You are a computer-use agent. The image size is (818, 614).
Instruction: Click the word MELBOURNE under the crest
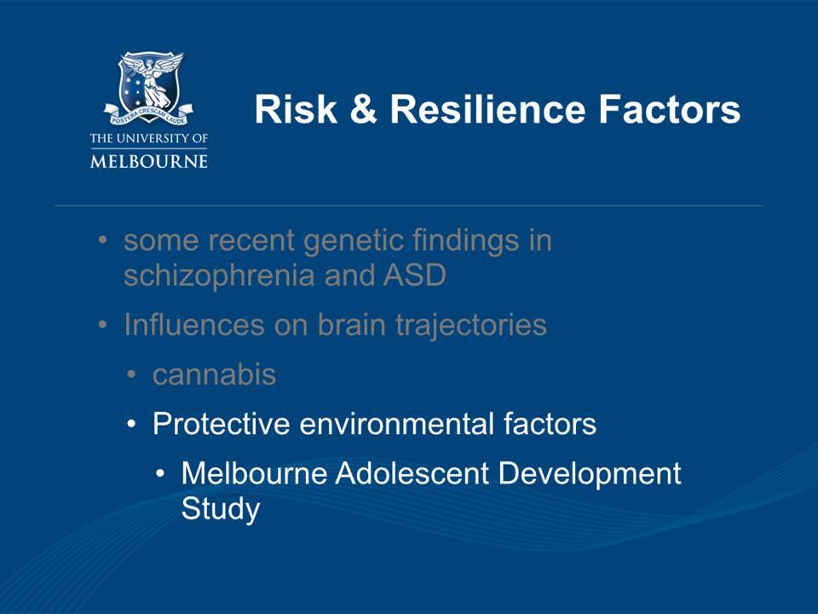point(149,160)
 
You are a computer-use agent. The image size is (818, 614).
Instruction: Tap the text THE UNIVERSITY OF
point(149,138)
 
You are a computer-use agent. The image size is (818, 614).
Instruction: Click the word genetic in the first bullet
point(353,240)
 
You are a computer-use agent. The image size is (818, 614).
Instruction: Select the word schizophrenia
point(220,275)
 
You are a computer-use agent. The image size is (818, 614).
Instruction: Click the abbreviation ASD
point(415,275)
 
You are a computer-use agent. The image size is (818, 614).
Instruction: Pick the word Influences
point(194,324)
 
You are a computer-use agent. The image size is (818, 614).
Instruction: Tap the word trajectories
point(471,325)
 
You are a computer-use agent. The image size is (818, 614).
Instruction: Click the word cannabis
point(214,374)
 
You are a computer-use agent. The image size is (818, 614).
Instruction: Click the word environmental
point(396,423)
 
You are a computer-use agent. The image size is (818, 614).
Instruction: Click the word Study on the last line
point(220,508)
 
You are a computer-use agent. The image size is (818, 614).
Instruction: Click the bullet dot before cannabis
point(131,375)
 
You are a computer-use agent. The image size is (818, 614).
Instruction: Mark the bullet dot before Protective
point(131,424)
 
